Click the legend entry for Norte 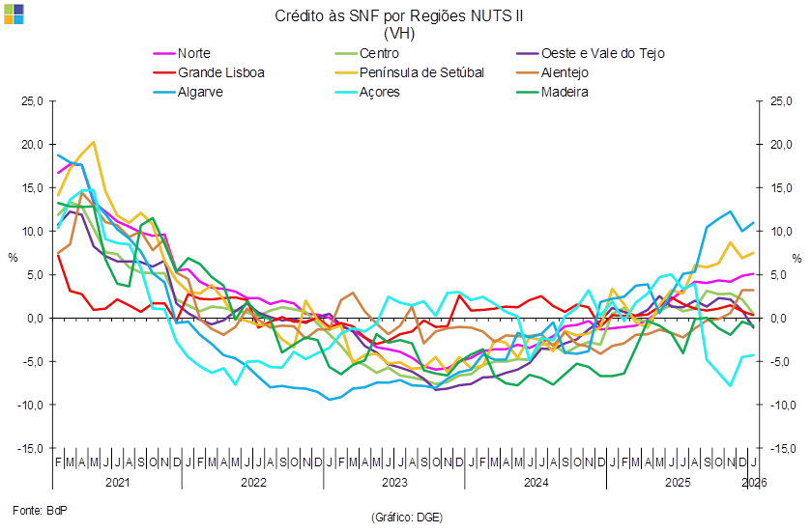coord(194,53)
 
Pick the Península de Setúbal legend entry coord(420,72)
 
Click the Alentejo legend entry coord(565,72)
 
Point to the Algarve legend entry coord(201,93)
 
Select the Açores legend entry coord(378,93)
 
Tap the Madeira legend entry coord(565,93)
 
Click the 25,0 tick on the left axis coord(34,101)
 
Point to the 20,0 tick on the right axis coord(780,145)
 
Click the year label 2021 coord(117,481)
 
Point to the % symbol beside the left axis coord(14,258)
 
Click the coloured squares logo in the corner coord(14,14)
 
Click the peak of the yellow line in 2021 coord(93,142)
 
